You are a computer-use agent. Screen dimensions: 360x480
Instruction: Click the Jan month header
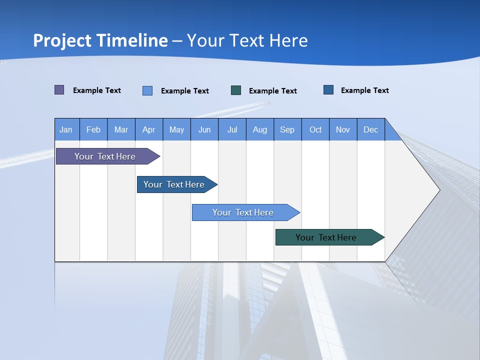point(66,129)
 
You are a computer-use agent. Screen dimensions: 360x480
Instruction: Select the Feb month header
point(93,129)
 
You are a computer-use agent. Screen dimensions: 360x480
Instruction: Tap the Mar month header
point(121,129)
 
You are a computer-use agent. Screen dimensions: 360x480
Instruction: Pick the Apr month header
point(149,129)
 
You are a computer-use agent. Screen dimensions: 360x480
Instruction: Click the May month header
point(176,129)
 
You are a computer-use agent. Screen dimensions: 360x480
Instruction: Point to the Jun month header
point(204,129)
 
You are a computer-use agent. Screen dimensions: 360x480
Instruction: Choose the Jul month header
point(232,129)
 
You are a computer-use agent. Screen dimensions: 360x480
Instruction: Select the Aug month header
point(260,129)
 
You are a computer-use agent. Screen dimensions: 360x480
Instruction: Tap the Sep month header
point(287,129)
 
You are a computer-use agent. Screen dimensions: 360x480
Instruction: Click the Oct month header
point(315,129)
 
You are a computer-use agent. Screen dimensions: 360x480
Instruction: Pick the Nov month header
point(343,129)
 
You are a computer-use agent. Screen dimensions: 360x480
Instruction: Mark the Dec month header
point(371,129)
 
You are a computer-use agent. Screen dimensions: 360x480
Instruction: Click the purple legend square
point(59,90)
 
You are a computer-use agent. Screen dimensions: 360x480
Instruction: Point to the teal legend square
point(236,90)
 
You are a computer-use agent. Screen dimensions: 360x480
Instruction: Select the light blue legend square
point(147,90)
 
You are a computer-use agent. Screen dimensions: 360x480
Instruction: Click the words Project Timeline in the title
point(100,40)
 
